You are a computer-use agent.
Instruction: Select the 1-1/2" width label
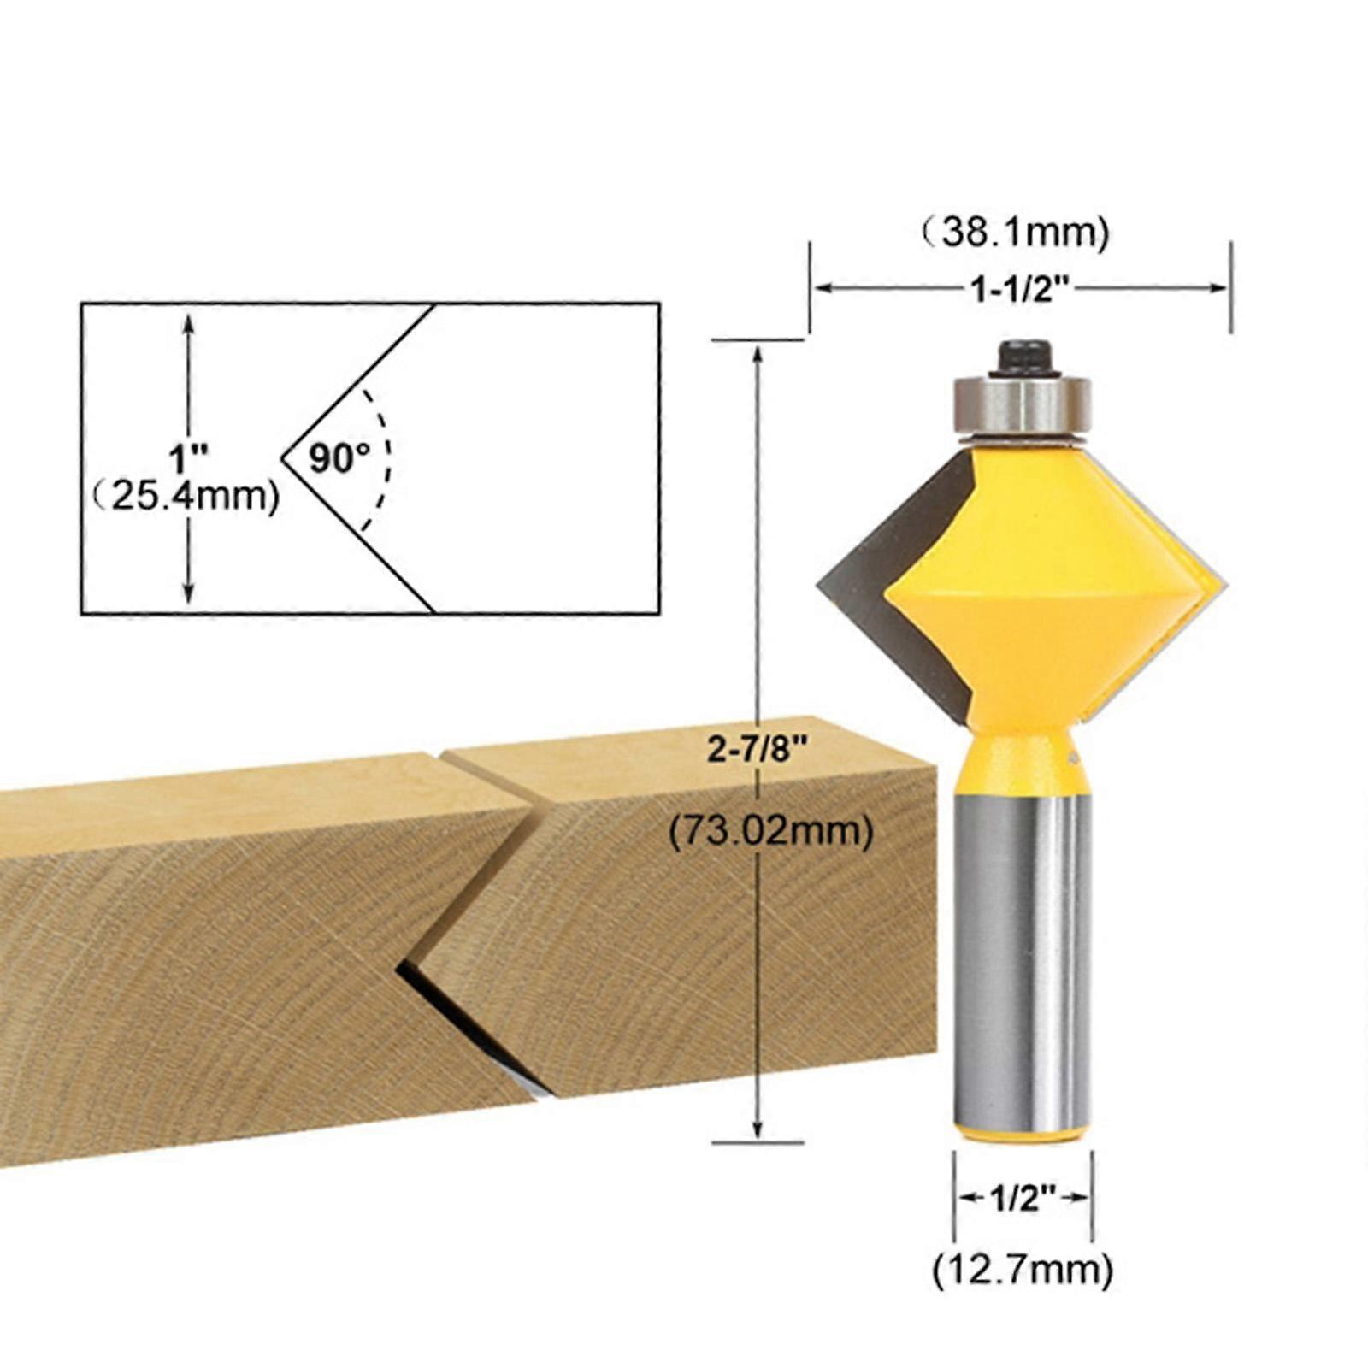[1020, 289]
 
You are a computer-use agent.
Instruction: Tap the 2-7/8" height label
[758, 749]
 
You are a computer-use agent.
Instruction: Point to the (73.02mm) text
[770, 830]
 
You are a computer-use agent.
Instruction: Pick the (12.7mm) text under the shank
[1023, 1270]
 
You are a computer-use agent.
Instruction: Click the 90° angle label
[339, 458]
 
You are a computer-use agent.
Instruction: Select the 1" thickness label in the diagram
[182, 459]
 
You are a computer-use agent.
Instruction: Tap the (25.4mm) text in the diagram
[186, 495]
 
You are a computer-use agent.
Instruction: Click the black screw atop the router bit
[1023, 357]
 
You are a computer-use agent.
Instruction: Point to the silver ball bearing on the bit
[1023, 405]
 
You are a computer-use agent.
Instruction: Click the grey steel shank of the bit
[1023, 958]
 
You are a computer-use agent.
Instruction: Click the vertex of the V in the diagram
[284, 459]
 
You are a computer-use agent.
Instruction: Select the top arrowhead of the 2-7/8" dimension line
[758, 352]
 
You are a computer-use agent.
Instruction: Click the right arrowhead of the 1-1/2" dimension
[1221, 288]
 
